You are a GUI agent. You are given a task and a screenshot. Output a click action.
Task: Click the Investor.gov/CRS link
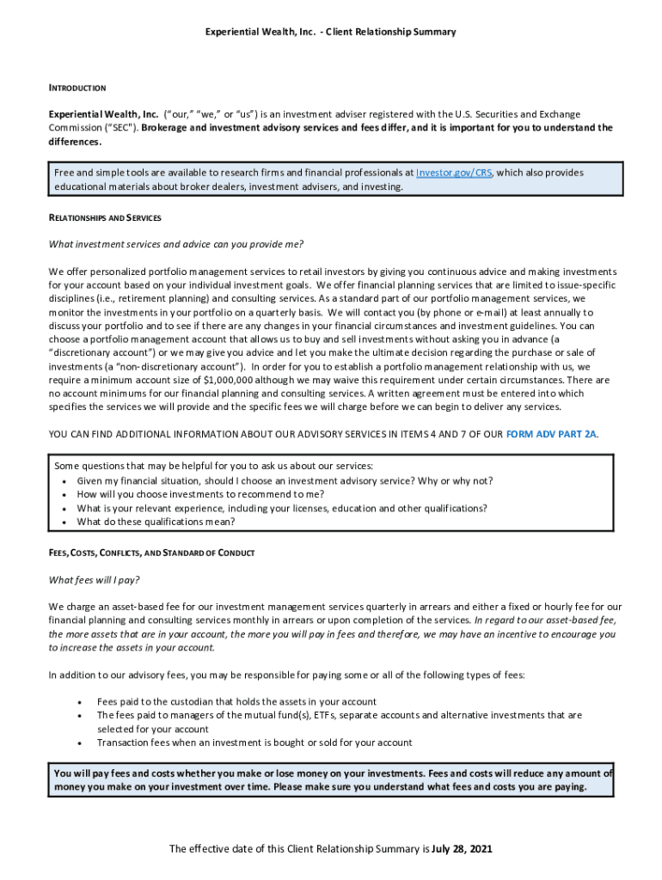pyautogui.click(x=454, y=173)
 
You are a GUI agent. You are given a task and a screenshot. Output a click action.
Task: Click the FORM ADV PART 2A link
pyautogui.click(x=551, y=434)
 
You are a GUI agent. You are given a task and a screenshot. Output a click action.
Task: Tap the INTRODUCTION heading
pyautogui.click(x=77, y=88)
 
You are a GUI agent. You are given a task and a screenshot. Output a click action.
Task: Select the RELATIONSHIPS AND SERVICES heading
pyautogui.click(x=105, y=218)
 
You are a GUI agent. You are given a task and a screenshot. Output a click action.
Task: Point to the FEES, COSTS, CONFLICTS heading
pyautogui.click(x=151, y=552)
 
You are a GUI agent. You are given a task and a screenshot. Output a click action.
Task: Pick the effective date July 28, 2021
pyautogui.click(x=462, y=849)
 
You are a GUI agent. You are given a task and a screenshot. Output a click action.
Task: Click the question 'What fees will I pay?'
pyautogui.click(x=94, y=579)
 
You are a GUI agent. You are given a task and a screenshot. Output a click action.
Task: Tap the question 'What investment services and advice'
pyautogui.click(x=176, y=244)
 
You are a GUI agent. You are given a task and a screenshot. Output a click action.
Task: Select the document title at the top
pyautogui.click(x=330, y=32)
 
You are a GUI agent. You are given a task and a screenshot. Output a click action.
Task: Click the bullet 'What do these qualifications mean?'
pyautogui.click(x=156, y=522)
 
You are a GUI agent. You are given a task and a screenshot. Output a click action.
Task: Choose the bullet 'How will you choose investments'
pyautogui.click(x=200, y=494)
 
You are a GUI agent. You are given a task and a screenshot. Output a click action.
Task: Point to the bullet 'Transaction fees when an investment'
pyautogui.click(x=254, y=742)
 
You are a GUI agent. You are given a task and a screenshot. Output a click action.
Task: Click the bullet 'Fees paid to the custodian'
pyautogui.click(x=236, y=702)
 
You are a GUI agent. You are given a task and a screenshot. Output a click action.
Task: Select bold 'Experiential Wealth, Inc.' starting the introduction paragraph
pyautogui.click(x=103, y=114)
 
